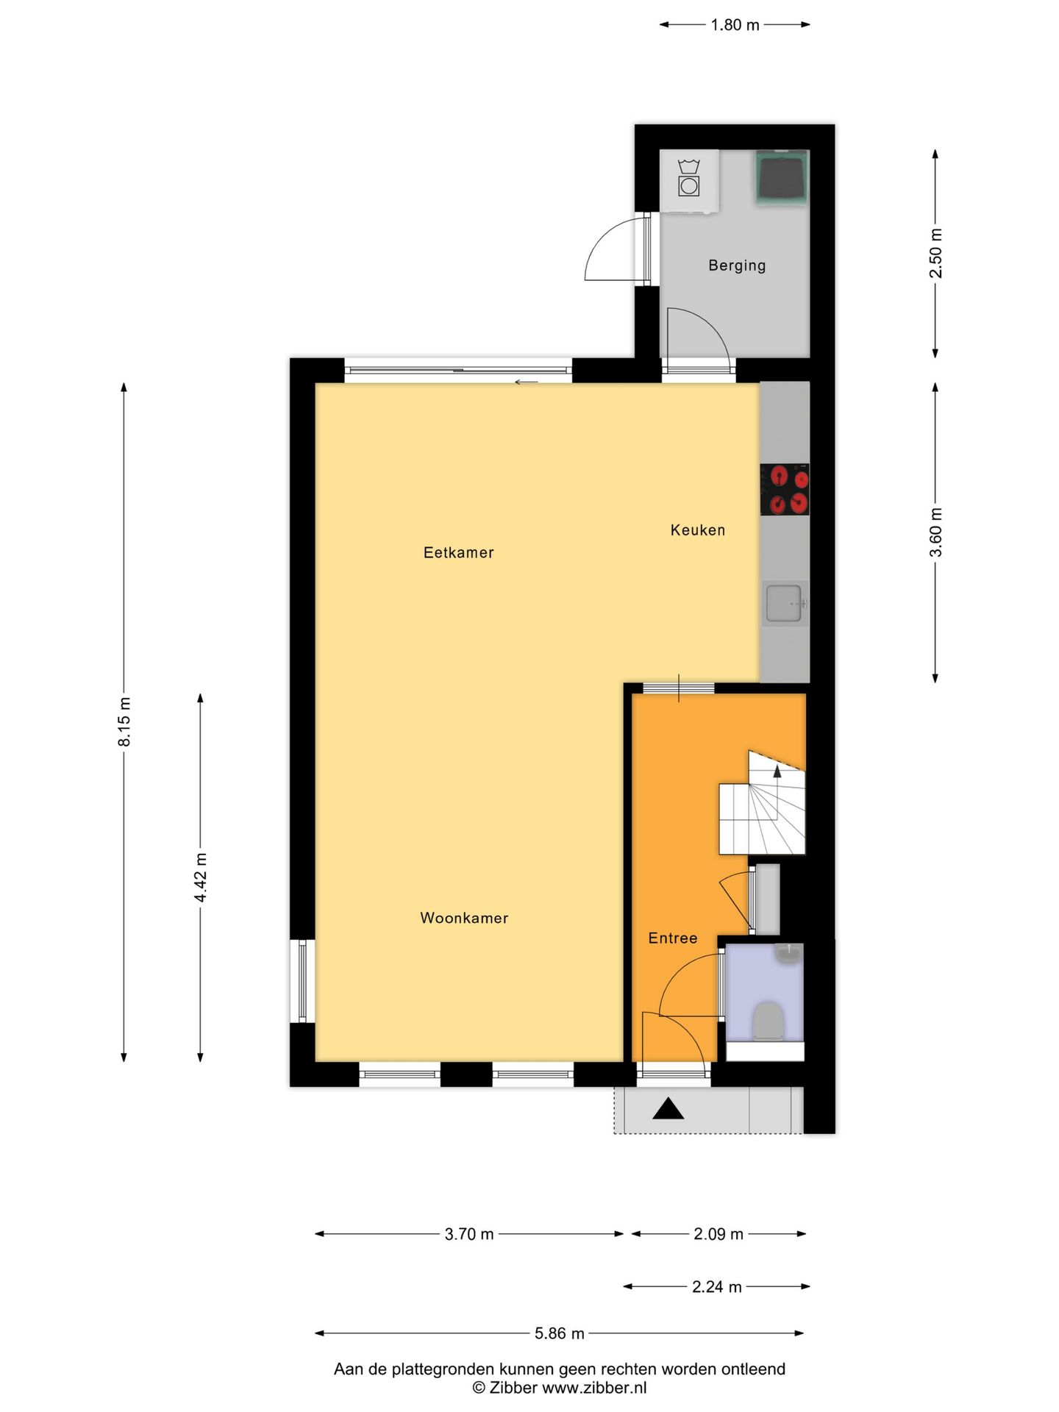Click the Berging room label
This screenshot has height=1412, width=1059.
click(x=736, y=265)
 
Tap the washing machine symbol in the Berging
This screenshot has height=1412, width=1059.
click(x=689, y=181)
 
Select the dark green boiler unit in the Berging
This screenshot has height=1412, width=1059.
click(x=782, y=177)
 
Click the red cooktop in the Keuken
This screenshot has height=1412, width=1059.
click(x=785, y=490)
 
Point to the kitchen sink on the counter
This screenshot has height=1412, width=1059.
click(x=784, y=603)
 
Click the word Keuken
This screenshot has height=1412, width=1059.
click(x=697, y=530)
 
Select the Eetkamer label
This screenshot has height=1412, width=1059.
click(x=458, y=553)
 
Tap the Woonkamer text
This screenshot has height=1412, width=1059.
click(x=464, y=918)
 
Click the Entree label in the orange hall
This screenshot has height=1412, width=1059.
click(x=672, y=938)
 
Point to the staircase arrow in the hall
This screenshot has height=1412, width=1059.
click(x=777, y=771)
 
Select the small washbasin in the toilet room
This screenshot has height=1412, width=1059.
click(x=788, y=954)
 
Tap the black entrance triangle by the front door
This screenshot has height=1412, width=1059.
click(x=668, y=1109)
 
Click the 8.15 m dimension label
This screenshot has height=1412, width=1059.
click(x=124, y=721)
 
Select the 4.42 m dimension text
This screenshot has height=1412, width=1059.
click(x=200, y=877)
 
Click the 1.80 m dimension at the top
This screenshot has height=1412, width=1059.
click(x=735, y=25)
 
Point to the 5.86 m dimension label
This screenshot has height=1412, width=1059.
click(x=559, y=1333)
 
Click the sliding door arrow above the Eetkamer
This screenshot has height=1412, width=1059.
click(x=526, y=382)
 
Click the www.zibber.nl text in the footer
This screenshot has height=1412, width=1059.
click(x=594, y=1388)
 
